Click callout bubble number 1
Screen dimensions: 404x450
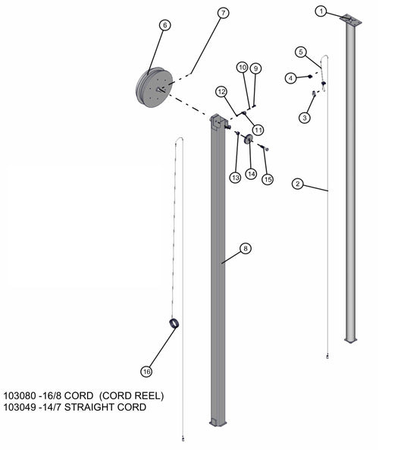point(321,11)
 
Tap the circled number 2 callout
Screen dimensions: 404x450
point(298,184)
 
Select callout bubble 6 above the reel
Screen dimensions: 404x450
point(164,25)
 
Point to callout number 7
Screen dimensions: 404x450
point(223,13)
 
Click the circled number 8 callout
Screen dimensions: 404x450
point(245,248)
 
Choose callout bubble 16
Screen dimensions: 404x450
point(146,372)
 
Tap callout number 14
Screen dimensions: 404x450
point(251,174)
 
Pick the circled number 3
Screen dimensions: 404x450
point(305,118)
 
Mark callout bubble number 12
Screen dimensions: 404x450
point(221,92)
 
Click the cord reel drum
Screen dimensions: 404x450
point(155,87)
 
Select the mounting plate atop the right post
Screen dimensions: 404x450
point(350,20)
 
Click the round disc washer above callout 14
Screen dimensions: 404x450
point(248,140)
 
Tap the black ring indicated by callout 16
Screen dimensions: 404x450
point(174,323)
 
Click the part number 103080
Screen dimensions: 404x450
point(20,396)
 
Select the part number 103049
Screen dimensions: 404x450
point(20,408)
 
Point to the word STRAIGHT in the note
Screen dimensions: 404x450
point(89,408)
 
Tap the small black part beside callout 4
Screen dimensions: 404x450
point(309,77)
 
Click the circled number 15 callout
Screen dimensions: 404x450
point(268,179)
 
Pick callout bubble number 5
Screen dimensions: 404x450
point(301,52)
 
